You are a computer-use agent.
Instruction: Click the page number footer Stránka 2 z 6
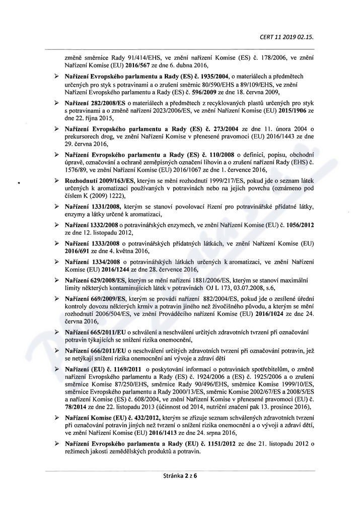[180, 475]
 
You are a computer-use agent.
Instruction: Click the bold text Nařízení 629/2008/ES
[95, 280]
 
